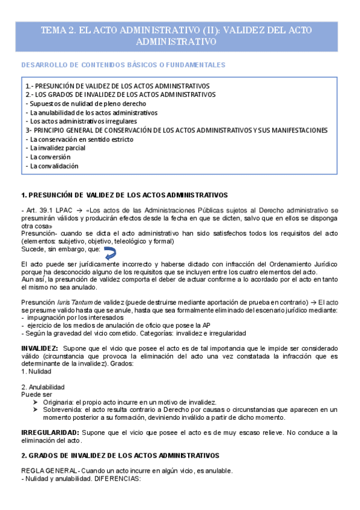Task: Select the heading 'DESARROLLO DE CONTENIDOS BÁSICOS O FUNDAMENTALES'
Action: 123,64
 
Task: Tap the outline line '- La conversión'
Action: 50,157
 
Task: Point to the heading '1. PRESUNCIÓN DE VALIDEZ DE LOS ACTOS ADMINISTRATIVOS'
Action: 124,195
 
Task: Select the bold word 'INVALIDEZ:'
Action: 40,349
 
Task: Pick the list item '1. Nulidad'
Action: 37,371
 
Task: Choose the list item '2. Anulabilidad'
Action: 43,387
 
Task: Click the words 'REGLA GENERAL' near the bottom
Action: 48,470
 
